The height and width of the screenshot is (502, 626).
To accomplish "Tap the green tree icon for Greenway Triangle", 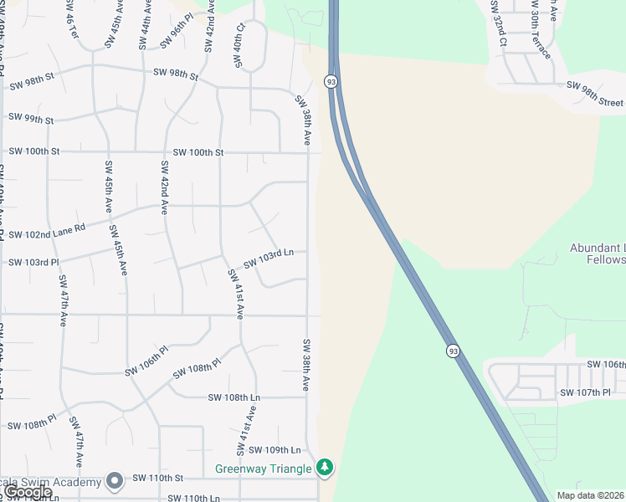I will pyautogui.click(x=324, y=467).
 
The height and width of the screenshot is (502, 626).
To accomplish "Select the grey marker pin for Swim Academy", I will pyautogui.click(x=115, y=480).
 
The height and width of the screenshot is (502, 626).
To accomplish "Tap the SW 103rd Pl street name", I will pyautogui.click(x=33, y=263).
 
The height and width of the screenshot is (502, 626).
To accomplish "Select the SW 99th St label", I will pyautogui.click(x=31, y=120).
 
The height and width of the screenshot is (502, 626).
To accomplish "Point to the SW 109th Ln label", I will pyautogui.click(x=275, y=450).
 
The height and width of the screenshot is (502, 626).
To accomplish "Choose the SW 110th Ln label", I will pyautogui.click(x=193, y=498).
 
